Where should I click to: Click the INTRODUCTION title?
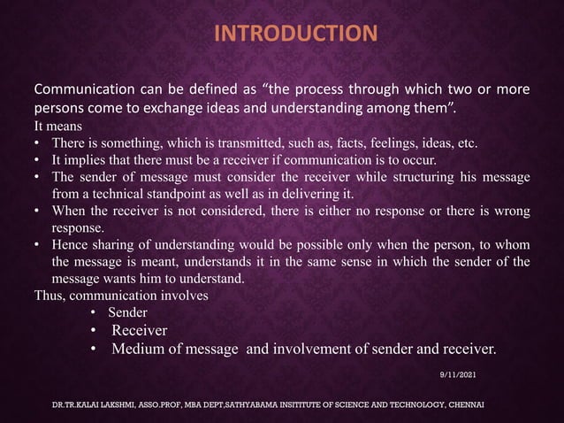coord(296,35)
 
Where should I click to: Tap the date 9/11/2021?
coord(457,376)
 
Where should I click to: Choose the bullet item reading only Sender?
coord(127,312)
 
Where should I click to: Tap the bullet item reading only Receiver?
coord(139,330)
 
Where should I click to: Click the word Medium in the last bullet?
coord(138,350)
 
